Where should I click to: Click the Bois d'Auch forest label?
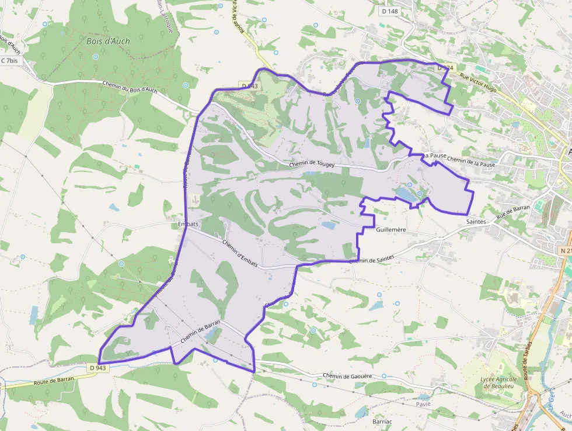[x=108, y=42]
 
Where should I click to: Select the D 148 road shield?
[x=390, y=11]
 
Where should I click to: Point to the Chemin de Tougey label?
[x=312, y=165]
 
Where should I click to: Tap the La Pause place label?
[x=435, y=156]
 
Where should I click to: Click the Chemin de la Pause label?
[x=471, y=163]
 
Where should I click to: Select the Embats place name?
[x=188, y=224]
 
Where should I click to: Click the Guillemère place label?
[x=391, y=230]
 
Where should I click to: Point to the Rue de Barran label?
[x=513, y=211]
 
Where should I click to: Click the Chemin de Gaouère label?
[x=347, y=376]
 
